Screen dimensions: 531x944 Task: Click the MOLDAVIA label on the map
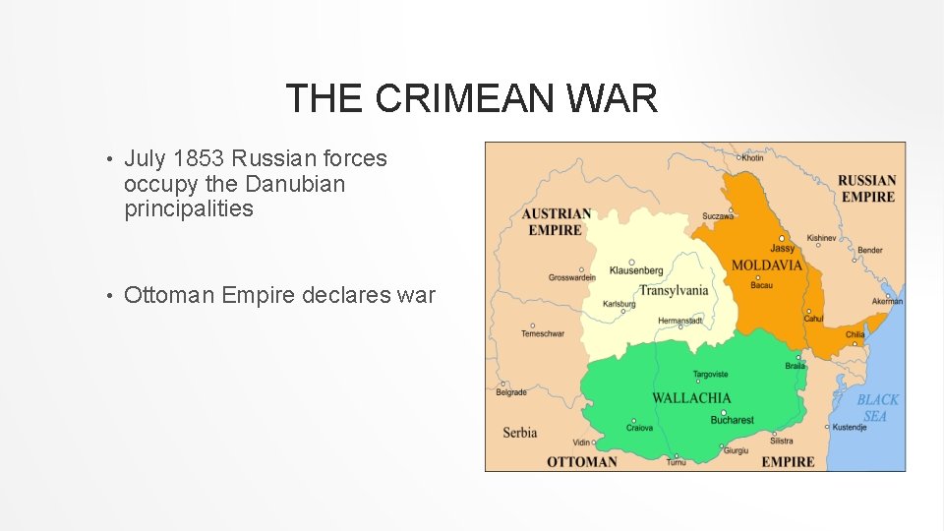pos(766,265)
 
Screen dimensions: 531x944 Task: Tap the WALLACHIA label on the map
pos(691,398)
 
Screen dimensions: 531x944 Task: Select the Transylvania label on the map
pos(674,290)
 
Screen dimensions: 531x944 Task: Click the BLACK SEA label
pos(877,408)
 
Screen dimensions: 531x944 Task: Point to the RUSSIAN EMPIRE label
pos(866,188)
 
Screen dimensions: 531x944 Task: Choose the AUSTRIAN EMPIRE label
pos(557,221)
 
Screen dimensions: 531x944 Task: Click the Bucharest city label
pos(732,421)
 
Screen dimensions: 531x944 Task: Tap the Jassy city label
pos(782,249)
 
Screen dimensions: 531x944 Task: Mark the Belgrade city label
pos(511,392)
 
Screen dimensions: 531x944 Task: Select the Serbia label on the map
pos(520,432)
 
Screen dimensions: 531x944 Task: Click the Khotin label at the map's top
pos(752,157)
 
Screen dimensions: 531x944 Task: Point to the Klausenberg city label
pos(635,270)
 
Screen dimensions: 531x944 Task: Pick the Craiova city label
pos(639,428)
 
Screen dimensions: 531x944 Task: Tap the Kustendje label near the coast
pos(848,427)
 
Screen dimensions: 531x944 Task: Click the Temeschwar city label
pos(543,334)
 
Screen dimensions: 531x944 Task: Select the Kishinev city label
pos(821,238)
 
